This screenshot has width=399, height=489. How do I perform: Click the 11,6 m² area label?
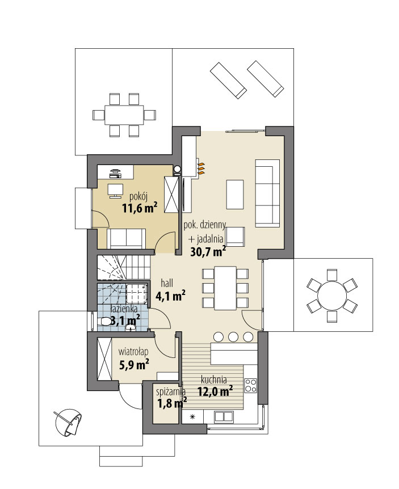tap(140, 208)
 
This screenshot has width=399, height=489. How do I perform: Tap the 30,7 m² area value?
tap(208, 251)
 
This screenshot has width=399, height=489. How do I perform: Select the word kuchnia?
tap(214, 380)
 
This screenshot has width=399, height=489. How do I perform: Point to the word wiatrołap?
tap(133, 352)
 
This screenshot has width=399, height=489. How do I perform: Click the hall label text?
tap(167, 283)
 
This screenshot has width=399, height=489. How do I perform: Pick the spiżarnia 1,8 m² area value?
tap(171, 403)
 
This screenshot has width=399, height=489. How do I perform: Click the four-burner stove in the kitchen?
tap(250, 385)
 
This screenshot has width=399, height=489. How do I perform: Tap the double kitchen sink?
tap(224, 416)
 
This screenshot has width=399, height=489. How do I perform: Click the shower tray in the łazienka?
tap(137, 293)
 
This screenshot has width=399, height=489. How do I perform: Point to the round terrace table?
tap(332, 295)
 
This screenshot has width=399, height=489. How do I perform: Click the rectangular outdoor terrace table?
tap(124, 115)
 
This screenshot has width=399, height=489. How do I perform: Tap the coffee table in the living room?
tap(234, 194)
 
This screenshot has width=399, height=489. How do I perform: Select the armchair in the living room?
tap(235, 237)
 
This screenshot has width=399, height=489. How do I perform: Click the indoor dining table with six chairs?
tap(225, 288)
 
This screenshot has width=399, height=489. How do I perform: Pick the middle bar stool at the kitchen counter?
tap(233, 336)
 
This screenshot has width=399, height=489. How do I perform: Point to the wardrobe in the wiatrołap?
tap(104, 359)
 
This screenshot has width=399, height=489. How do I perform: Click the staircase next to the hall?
tap(124, 268)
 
